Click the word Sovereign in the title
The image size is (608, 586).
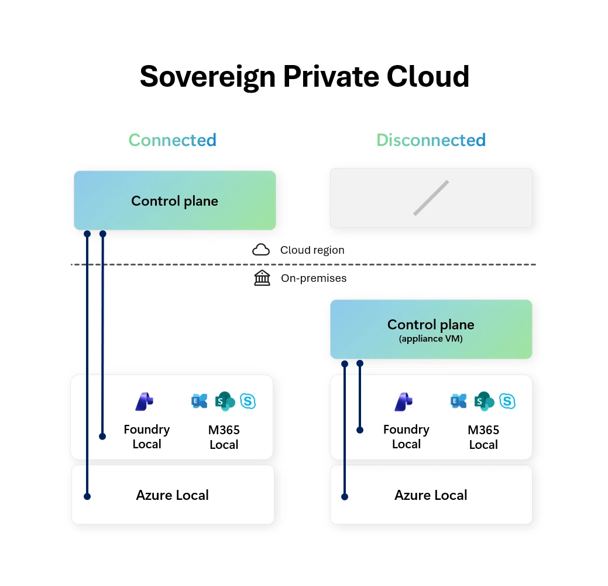207,77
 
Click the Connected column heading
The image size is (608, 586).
172,141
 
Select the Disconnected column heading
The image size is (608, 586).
431,141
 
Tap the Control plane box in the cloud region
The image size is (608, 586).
174,201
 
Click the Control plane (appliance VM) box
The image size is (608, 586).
431,329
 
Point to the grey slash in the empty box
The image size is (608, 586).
431,198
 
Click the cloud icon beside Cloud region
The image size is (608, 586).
261,250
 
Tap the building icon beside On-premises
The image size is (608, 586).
262,278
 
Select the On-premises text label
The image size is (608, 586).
314,278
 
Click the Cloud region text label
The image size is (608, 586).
312,250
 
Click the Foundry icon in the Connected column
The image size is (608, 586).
144,401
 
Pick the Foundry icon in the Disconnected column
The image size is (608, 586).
404,401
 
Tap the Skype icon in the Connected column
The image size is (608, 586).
249,401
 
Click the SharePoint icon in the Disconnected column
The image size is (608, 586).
484,401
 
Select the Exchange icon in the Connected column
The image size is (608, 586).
200,401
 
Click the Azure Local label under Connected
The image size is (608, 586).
172,495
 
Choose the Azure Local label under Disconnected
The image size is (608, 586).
431,495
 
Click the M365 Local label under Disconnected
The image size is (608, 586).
483,437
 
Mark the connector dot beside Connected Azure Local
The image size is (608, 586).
87,496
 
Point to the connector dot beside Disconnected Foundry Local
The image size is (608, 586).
360,430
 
